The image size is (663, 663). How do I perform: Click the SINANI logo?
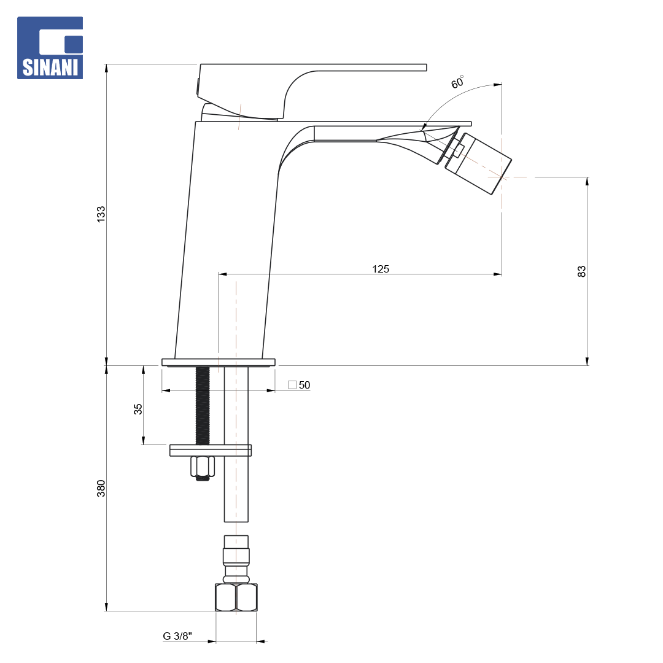[x=50, y=48]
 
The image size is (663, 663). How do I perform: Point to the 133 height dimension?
[x=101, y=214]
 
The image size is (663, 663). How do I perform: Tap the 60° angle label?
[x=457, y=82]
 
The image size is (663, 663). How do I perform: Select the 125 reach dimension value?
[x=381, y=269]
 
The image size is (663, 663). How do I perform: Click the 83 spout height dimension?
[x=582, y=271]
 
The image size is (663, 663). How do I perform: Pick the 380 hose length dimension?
[x=101, y=489]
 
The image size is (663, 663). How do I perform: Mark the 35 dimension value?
[x=138, y=409]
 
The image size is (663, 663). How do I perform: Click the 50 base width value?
[x=304, y=385]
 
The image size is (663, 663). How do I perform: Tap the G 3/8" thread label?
[x=177, y=636]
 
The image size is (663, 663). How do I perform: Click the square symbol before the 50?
[x=292, y=385]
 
